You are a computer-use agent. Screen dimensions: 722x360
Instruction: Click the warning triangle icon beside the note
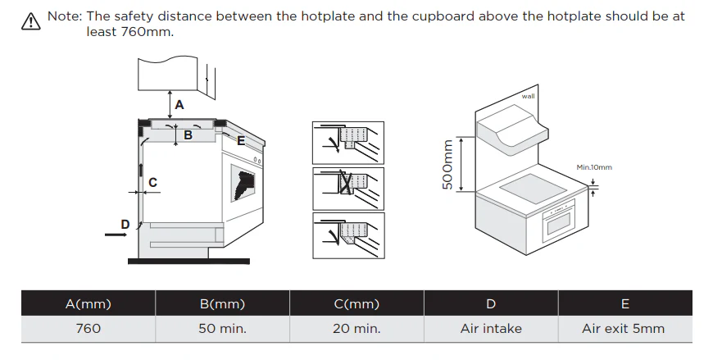coord(31,21)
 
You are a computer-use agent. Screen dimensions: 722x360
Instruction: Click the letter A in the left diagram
coord(179,105)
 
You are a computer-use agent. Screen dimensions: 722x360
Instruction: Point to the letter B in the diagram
coord(188,135)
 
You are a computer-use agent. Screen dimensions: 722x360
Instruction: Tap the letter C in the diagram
coord(153,183)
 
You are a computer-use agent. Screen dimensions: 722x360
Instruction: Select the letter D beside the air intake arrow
coord(125,225)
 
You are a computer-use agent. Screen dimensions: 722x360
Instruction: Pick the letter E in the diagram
coord(241,141)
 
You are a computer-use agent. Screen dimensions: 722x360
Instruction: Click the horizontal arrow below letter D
coord(116,235)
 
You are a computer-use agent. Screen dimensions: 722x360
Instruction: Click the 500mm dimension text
coord(447,165)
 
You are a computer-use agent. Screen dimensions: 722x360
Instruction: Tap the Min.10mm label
coord(594,167)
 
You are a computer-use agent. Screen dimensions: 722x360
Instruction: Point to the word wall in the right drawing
coord(528,96)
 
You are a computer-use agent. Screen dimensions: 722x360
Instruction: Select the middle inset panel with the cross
coord(348,189)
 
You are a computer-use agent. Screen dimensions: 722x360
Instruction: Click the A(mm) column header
coord(89,303)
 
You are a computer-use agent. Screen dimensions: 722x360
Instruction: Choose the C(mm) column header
coord(356,303)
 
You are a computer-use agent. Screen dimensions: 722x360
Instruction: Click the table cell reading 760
coord(89,329)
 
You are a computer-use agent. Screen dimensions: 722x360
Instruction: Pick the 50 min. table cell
coord(222,329)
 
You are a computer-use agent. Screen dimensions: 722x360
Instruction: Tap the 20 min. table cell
coord(356,329)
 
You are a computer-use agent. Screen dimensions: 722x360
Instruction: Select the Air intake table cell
coord(491,329)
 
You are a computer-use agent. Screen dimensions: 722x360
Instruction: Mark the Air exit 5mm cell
coord(624,329)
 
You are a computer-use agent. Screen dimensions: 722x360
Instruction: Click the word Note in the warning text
coord(65,16)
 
